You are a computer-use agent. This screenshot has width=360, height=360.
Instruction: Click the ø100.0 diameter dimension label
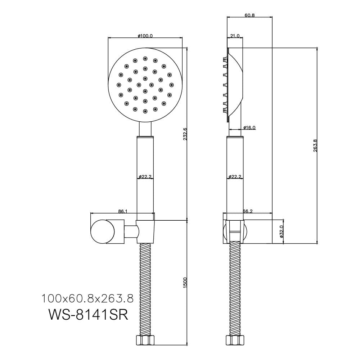pos(145,36)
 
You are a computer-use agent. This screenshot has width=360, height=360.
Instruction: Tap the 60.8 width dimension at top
pos(249,15)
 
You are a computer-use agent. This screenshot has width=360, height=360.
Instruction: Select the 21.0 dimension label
pos(235,36)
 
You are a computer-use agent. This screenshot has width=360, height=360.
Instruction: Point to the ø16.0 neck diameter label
pos(249,127)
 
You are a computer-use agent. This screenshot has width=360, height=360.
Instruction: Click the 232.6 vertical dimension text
pos(185,134)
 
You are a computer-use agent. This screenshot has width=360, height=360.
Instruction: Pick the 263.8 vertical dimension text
pos(315,145)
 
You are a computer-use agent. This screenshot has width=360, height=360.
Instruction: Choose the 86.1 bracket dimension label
pos(123,211)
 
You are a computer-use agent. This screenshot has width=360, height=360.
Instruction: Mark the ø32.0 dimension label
pos(282,231)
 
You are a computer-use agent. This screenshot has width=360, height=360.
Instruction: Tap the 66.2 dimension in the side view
pos(248,211)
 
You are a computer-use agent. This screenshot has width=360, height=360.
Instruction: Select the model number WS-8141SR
pos(88,315)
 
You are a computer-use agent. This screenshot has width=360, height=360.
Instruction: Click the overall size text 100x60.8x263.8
pos(87,299)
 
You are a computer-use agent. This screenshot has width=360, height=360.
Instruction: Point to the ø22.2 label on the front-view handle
pos(145,176)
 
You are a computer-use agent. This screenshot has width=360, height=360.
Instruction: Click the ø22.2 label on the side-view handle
pos(235,176)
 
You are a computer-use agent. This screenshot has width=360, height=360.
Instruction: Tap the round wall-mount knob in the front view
pos(103,231)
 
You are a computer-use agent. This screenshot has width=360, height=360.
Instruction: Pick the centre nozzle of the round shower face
pos(145,91)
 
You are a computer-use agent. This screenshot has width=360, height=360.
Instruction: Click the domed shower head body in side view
pos(234,85)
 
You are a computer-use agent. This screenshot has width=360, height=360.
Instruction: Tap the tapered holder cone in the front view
pos(145,231)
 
